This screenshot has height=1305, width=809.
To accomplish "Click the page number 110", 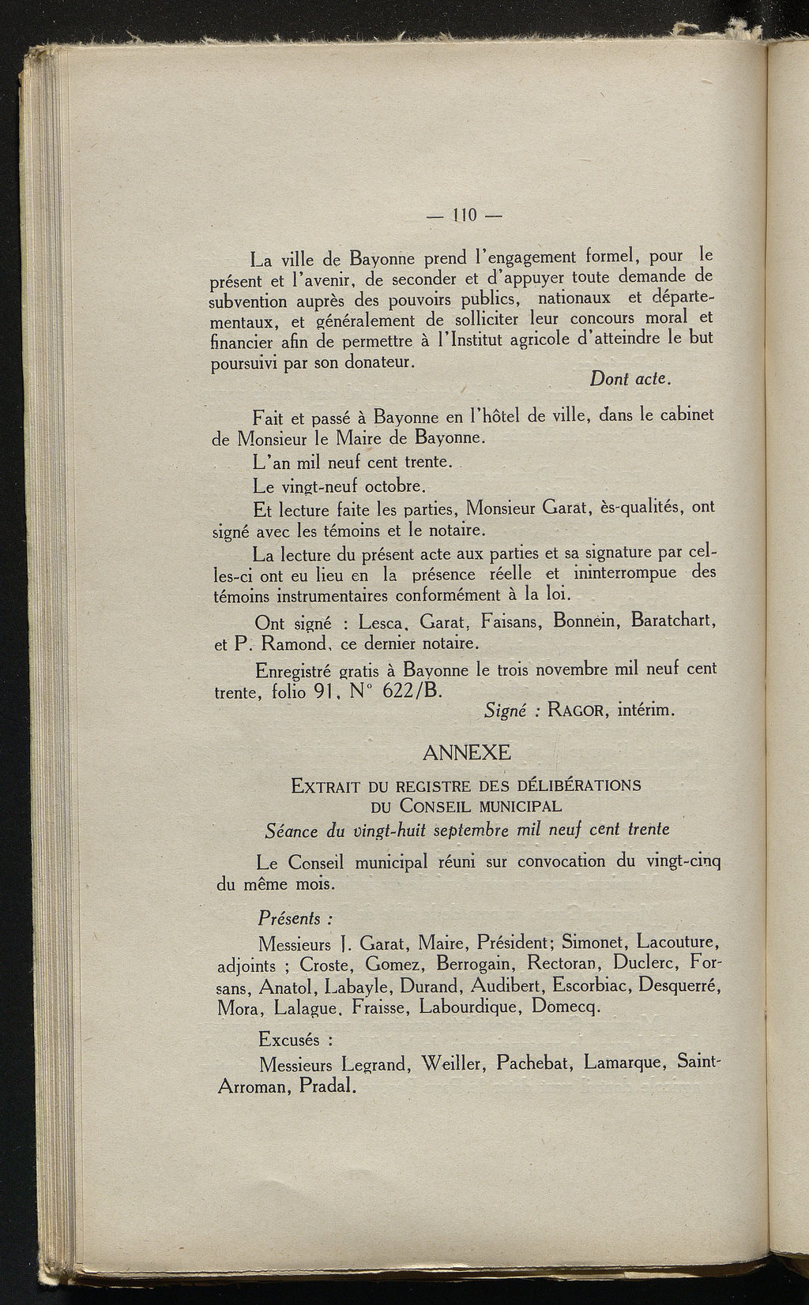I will (x=465, y=215).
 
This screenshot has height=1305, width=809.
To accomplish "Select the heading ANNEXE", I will (x=467, y=752).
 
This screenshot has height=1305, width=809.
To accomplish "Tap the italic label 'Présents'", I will (x=294, y=919).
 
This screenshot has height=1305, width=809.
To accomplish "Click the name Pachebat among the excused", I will (x=533, y=1062).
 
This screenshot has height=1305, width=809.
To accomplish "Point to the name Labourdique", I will (x=468, y=1007).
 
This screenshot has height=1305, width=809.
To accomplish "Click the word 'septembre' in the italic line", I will (x=473, y=830).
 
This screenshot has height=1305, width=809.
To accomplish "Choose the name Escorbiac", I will (x=592, y=985).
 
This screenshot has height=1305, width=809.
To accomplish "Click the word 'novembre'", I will (x=574, y=669).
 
